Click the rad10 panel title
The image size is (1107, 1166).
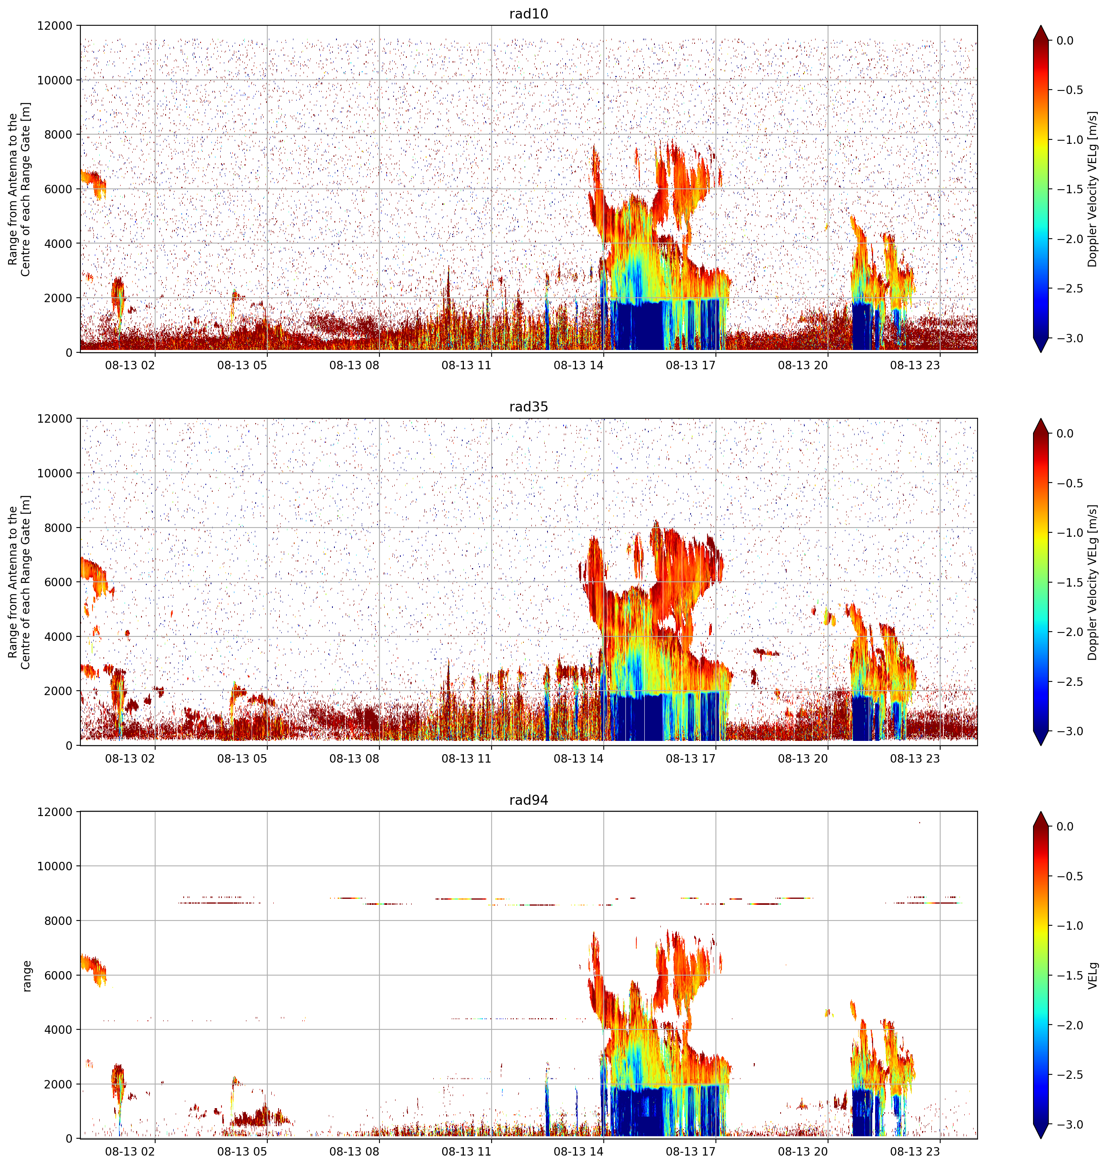[x=528, y=14]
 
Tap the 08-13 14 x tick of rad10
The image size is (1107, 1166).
[x=578, y=365]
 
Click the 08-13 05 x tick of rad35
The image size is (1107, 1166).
[x=242, y=759]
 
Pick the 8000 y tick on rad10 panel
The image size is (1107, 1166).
[x=58, y=135]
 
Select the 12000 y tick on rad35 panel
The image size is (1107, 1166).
[x=55, y=419]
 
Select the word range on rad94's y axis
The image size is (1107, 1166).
[x=27, y=976]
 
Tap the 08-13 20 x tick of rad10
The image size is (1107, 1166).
[x=803, y=365]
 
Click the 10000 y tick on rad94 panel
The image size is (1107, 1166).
[x=55, y=866]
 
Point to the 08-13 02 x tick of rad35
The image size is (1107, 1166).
[x=130, y=759]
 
